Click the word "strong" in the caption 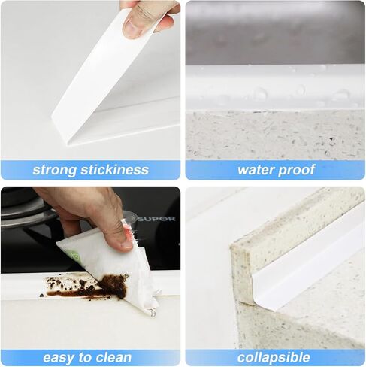(54, 170)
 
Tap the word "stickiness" (114, 170)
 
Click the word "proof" (296, 171)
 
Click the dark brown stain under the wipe (113, 285)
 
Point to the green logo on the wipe (74, 256)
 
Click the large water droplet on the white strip (260, 93)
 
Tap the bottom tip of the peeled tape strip (68, 145)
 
